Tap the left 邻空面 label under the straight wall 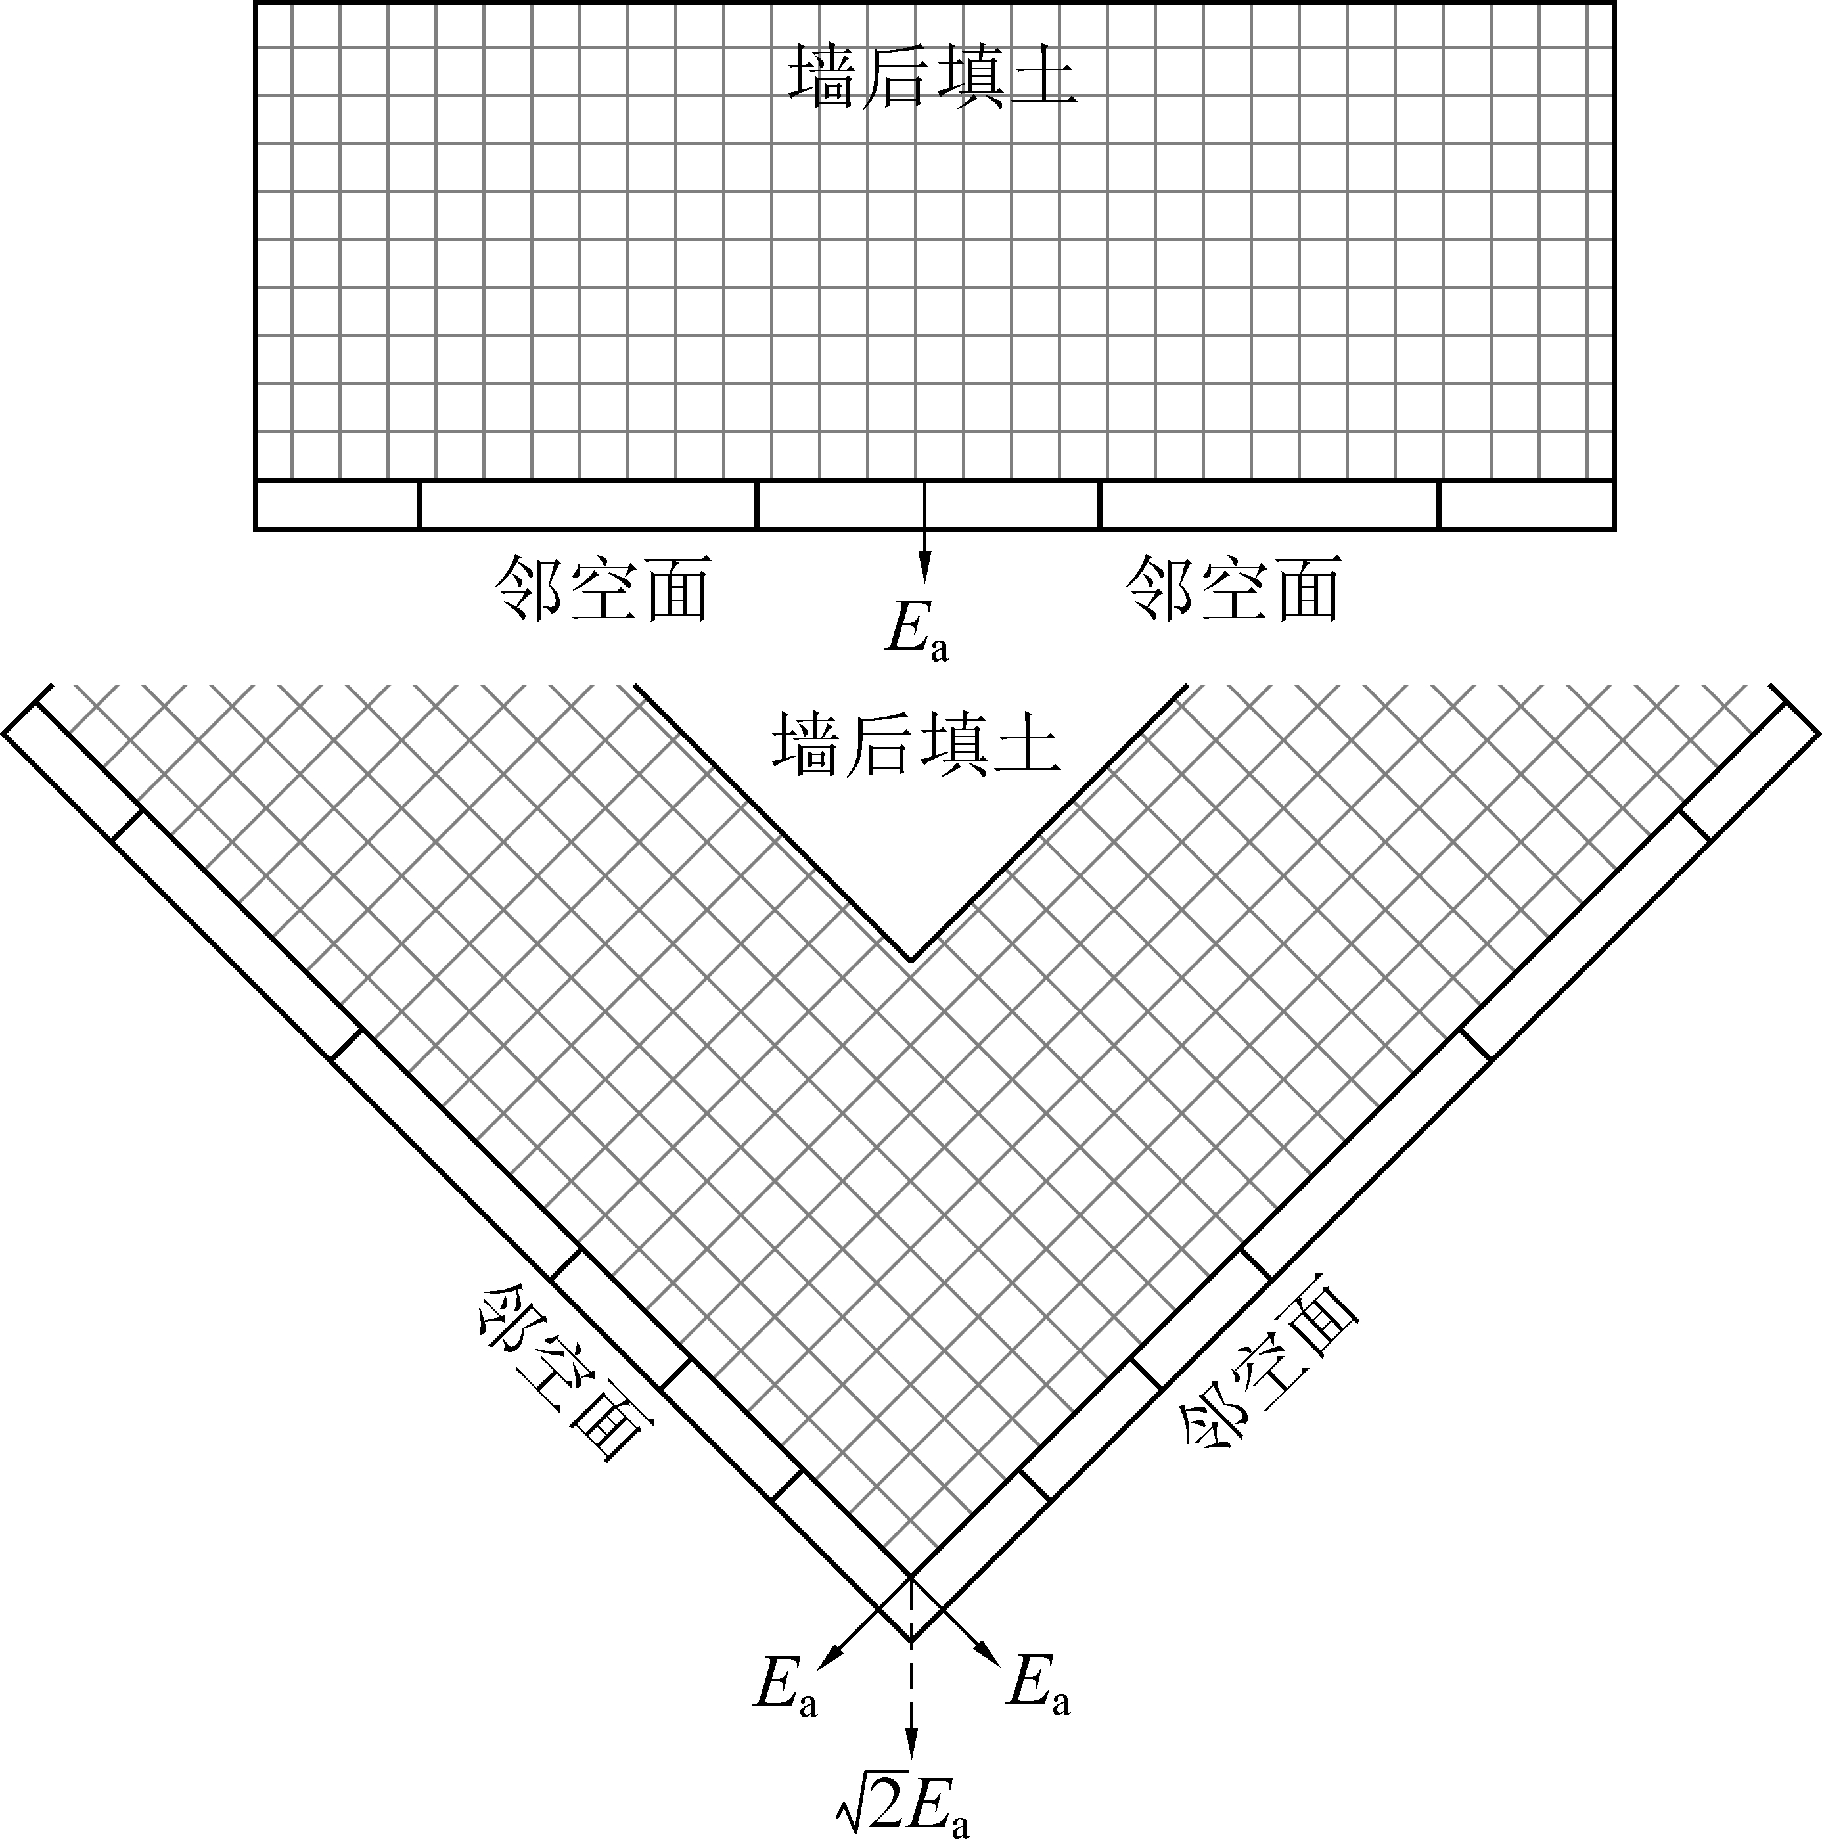click(603, 589)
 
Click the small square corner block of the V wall click(911, 1608)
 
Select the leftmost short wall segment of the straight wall click(337, 505)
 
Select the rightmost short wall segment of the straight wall click(1526, 505)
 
